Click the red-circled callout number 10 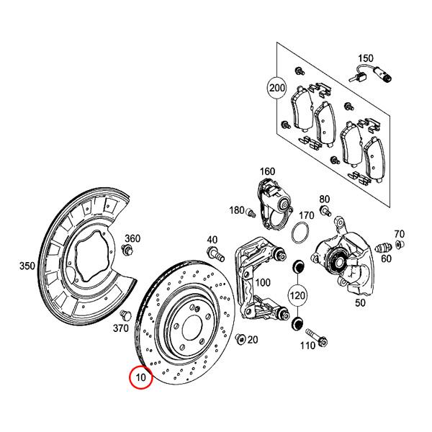[x=140, y=377]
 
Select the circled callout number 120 [x=297, y=294]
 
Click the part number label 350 [x=27, y=266]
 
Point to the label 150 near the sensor [x=366, y=58]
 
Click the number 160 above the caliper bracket [x=268, y=171]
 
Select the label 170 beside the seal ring [x=306, y=215]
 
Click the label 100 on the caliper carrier [x=262, y=282]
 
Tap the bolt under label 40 [x=214, y=253]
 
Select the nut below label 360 [x=127, y=251]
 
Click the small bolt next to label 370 [x=127, y=315]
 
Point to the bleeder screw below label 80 [x=325, y=211]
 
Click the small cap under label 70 [x=400, y=247]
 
